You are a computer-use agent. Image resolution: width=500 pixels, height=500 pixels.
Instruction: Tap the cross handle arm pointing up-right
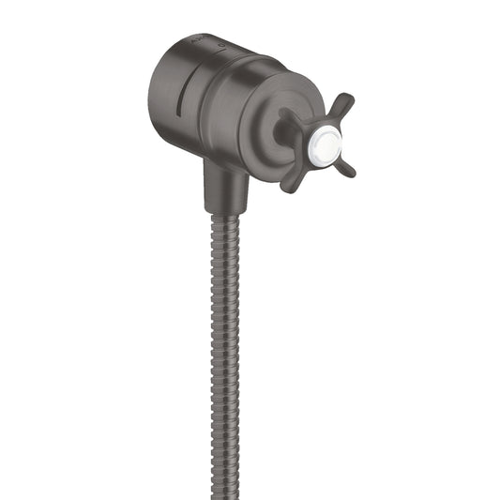click(342, 106)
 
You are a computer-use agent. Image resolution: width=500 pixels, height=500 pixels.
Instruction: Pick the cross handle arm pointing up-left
click(288, 117)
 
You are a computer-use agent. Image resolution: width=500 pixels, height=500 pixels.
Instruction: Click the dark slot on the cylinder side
click(180, 94)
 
